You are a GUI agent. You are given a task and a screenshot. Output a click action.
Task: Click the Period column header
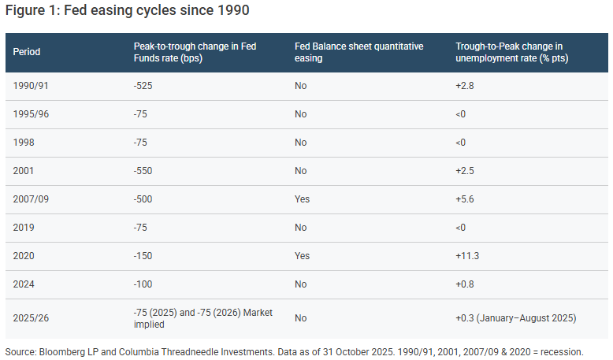(x=27, y=52)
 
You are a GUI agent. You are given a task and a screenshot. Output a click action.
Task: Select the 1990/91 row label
(x=31, y=86)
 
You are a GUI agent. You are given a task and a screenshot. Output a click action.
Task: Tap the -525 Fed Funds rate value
(x=143, y=86)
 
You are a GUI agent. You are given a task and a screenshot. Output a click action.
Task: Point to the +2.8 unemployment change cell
(x=464, y=86)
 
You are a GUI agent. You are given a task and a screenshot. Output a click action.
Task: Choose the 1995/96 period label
(x=31, y=114)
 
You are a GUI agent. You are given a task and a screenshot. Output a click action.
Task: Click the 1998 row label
(x=24, y=143)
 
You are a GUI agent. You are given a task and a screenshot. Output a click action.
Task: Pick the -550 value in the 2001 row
(x=143, y=171)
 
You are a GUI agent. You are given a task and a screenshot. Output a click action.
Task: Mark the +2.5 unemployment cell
(x=464, y=171)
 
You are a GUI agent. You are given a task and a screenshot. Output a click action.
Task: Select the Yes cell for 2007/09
(x=303, y=199)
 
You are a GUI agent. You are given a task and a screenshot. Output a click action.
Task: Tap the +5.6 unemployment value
(x=464, y=199)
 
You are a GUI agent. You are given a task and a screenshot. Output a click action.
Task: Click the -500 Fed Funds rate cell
(x=143, y=199)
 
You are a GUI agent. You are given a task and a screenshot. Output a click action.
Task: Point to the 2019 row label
(x=24, y=228)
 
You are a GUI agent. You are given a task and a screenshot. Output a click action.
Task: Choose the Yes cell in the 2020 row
(x=303, y=256)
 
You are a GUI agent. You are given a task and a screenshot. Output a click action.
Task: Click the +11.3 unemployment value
(x=467, y=256)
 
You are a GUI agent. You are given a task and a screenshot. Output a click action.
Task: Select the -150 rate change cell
(x=143, y=256)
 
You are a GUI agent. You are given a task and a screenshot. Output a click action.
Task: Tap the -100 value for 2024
(x=143, y=284)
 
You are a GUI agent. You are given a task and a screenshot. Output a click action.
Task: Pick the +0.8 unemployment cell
(x=464, y=284)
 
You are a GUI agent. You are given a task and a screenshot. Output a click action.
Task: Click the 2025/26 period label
(x=31, y=318)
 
